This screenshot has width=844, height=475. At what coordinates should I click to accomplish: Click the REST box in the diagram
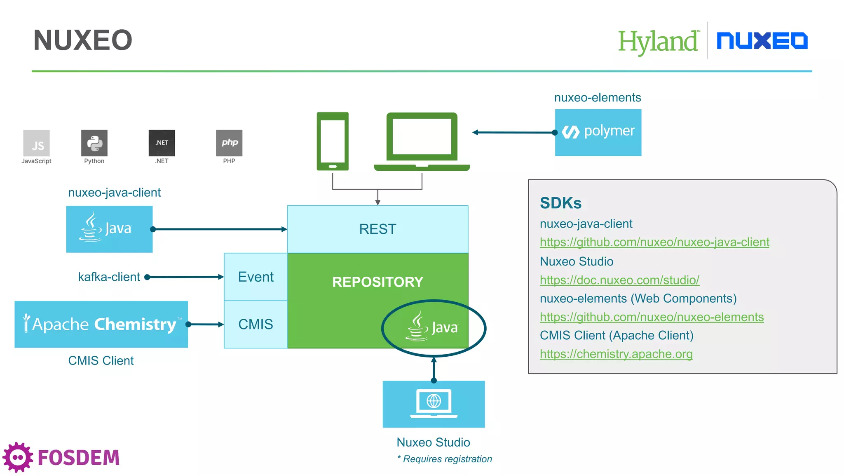click(377, 229)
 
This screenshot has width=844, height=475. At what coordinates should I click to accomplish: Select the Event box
click(256, 277)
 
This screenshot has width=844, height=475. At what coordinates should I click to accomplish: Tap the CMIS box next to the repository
click(256, 324)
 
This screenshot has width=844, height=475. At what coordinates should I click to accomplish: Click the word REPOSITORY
click(377, 282)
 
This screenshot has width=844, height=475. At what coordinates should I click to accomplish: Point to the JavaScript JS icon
click(37, 143)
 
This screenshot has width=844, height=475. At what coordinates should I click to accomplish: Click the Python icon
click(94, 143)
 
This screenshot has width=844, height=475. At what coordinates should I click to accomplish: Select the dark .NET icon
click(162, 143)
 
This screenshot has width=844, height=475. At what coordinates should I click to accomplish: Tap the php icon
click(229, 143)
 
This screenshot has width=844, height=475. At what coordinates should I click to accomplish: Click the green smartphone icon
click(333, 141)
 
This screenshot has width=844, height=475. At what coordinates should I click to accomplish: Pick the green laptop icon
click(422, 141)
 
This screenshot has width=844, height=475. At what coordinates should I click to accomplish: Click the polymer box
click(598, 132)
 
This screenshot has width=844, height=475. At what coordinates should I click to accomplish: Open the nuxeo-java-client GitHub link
click(654, 242)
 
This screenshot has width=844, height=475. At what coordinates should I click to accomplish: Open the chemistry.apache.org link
click(616, 354)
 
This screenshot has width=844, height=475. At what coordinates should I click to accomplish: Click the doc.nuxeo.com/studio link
click(619, 280)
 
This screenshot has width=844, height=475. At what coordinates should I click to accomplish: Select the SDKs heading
click(560, 203)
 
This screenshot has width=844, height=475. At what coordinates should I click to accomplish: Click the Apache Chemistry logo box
click(101, 324)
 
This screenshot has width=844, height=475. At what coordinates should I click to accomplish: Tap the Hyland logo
click(658, 41)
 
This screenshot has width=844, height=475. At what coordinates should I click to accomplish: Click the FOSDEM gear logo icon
click(17, 457)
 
